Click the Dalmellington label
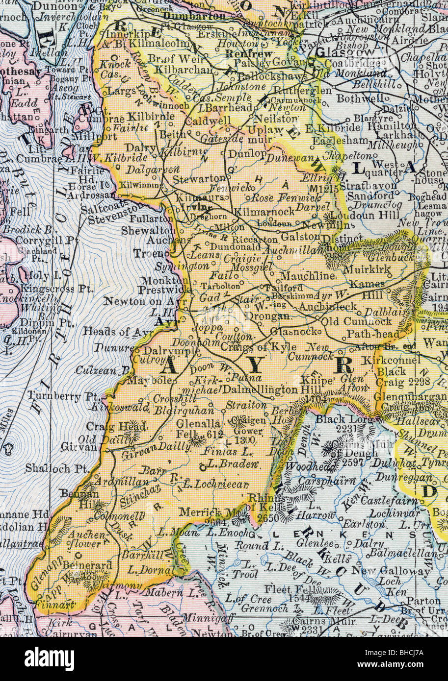point(260,390)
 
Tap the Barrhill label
point(136,555)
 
